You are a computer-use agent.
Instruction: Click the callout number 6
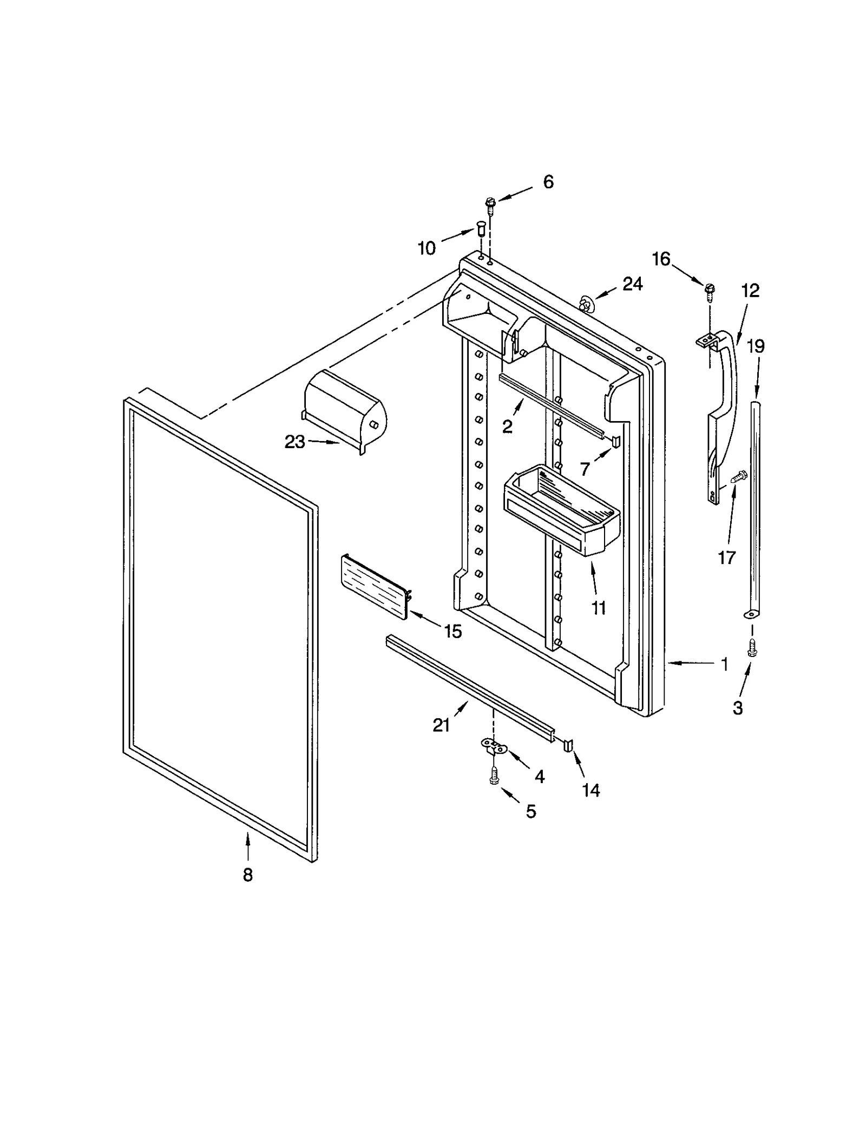pos(548,182)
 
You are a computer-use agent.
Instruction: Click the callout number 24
pos(632,284)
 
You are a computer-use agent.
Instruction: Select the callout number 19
pos(756,346)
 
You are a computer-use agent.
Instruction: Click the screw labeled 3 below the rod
pos(751,647)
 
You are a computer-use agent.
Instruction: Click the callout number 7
pos(585,469)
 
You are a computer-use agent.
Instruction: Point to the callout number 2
pos(507,427)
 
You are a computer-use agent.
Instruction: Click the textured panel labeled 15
pos(374,587)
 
